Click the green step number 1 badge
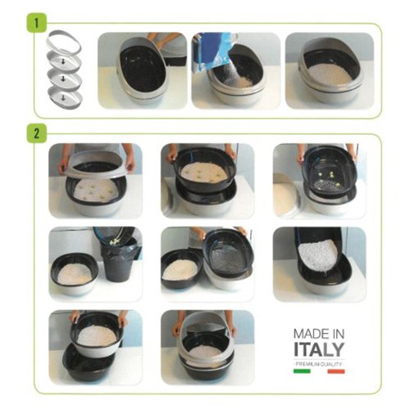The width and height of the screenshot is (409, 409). pyautogui.click(x=37, y=23)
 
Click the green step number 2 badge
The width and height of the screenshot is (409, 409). pyautogui.click(x=37, y=133)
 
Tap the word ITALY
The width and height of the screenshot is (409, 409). pyautogui.click(x=319, y=349)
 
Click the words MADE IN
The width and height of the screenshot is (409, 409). pyautogui.click(x=319, y=334)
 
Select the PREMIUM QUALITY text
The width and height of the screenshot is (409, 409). pyautogui.click(x=319, y=364)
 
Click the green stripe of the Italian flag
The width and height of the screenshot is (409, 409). pyautogui.click(x=302, y=371)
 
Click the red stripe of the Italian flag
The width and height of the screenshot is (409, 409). pyautogui.click(x=336, y=371)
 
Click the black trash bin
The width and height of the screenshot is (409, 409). pyautogui.click(x=119, y=262)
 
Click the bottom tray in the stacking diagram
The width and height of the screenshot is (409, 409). pyautogui.click(x=65, y=97)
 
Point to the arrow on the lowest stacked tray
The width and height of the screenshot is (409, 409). pyautogui.click(x=63, y=97)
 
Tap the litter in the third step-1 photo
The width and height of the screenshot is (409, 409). pyautogui.click(x=330, y=74)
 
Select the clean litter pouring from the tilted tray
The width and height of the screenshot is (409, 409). pyautogui.click(x=317, y=256)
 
